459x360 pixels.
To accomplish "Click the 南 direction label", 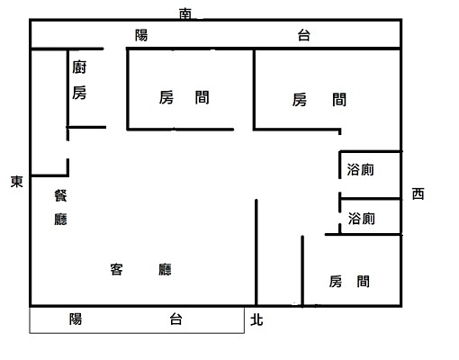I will click(x=185, y=13).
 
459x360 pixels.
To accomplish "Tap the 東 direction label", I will click(x=16, y=181).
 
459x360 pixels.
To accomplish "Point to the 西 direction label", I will click(x=418, y=193).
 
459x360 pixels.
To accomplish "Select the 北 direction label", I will click(x=257, y=318).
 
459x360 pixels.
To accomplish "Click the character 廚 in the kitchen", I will click(x=79, y=67).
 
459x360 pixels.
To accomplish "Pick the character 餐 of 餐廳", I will click(x=59, y=194).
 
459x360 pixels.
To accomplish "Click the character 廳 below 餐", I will click(x=59, y=219).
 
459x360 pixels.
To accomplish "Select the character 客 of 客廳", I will click(x=117, y=268).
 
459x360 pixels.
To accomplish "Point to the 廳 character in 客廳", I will click(x=165, y=268).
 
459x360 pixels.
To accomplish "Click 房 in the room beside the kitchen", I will click(x=166, y=98).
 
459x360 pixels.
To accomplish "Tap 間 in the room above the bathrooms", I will click(x=338, y=100).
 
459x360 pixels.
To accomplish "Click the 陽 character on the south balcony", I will click(x=141, y=35).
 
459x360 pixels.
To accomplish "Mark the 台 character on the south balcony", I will click(x=304, y=35).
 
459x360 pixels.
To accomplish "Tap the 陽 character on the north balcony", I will click(x=76, y=319).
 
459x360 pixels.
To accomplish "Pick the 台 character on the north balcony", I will click(x=175, y=319).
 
